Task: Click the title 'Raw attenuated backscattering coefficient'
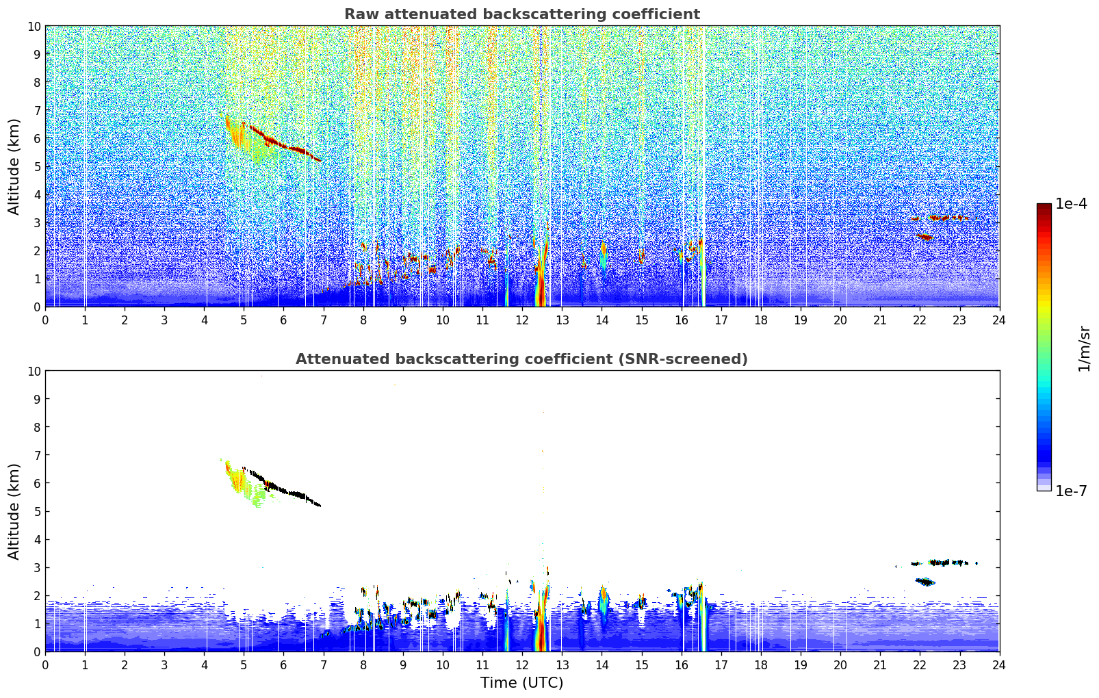point(521,14)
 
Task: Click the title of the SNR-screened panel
point(521,359)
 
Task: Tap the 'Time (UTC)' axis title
point(521,682)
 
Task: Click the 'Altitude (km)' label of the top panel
point(14,166)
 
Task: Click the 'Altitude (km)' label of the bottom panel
point(14,511)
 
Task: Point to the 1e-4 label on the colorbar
point(1071,204)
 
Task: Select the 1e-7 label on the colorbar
point(1071,491)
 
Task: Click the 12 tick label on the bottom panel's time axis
point(522,664)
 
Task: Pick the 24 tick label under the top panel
point(998,320)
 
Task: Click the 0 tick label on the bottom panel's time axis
point(46,664)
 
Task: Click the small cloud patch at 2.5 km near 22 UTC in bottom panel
point(925,582)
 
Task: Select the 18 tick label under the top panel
point(760,320)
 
